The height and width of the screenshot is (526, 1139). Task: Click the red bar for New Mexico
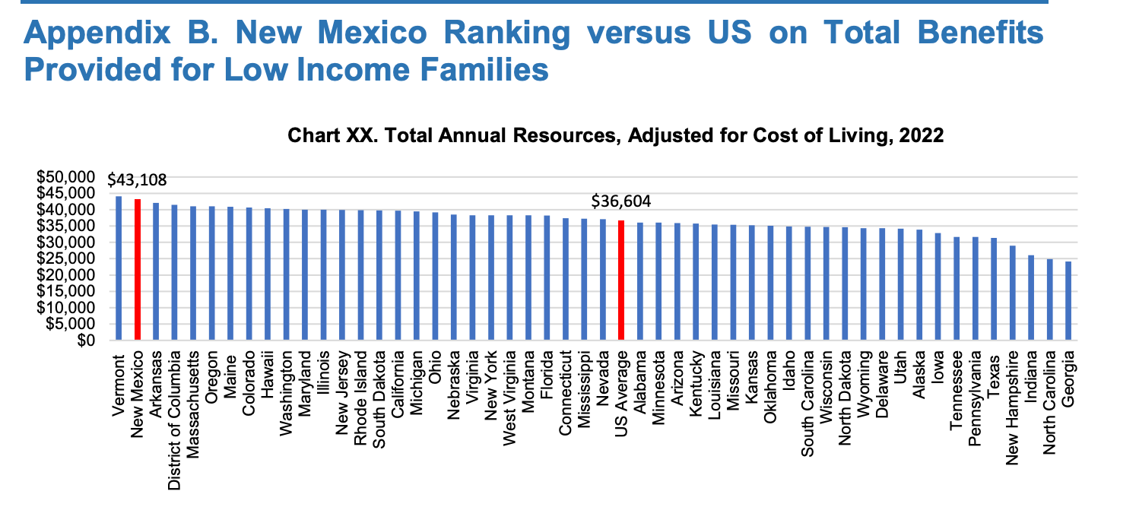coord(138,270)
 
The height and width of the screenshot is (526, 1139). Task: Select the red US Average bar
coord(621,280)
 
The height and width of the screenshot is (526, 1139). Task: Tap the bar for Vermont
coord(119,268)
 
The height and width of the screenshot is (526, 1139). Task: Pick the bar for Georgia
coord(1068,301)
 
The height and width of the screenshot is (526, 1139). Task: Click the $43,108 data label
coord(137,181)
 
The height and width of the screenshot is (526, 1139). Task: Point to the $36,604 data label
coord(621,202)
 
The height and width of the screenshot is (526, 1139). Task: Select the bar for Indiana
coord(1031,298)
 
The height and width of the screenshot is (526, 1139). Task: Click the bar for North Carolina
coord(1050,300)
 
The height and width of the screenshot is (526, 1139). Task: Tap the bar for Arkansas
coord(156,271)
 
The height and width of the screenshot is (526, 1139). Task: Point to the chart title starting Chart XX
coord(615,137)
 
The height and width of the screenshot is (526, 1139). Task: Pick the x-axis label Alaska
coord(919,372)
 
